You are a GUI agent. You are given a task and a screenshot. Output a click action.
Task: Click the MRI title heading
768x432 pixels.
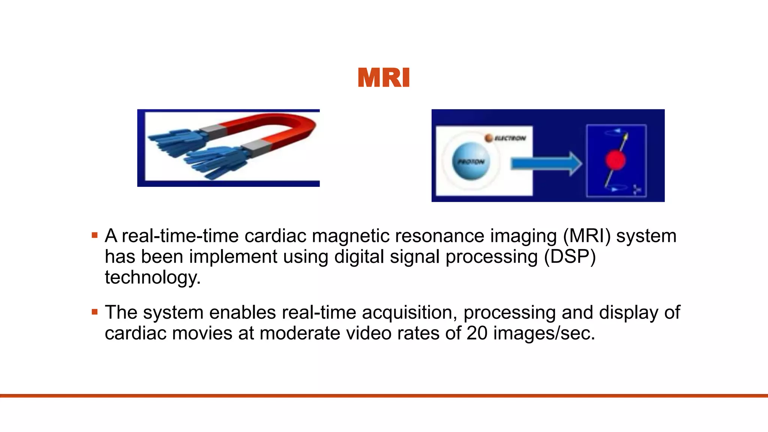[x=384, y=78]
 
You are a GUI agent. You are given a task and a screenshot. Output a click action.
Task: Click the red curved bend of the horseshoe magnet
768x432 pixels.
[x=300, y=127]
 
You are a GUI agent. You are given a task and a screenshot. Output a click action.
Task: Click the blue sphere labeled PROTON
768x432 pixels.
[x=471, y=161]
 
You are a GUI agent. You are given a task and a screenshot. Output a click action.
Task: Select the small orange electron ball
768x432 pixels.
[x=489, y=138]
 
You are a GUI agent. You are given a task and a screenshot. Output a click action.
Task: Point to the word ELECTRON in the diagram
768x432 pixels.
[x=510, y=138]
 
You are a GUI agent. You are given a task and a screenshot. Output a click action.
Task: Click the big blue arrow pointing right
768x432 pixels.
[x=546, y=163]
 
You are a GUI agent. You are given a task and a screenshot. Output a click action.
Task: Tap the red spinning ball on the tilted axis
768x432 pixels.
[x=615, y=160]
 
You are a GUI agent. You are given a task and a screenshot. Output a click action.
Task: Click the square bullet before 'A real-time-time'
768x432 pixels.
[x=94, y=236]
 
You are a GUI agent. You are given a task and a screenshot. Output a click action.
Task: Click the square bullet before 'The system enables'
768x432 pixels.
[x=94, y=312]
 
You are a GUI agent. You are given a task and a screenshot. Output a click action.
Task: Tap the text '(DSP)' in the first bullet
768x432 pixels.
[x=570, y=257]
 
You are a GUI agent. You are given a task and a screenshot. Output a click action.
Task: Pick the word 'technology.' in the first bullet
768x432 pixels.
[x=153, y=278]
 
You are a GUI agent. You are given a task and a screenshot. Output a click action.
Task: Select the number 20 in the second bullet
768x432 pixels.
[x=477, y=333]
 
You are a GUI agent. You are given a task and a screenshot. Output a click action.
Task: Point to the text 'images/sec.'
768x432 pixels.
[x=544, y=333]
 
